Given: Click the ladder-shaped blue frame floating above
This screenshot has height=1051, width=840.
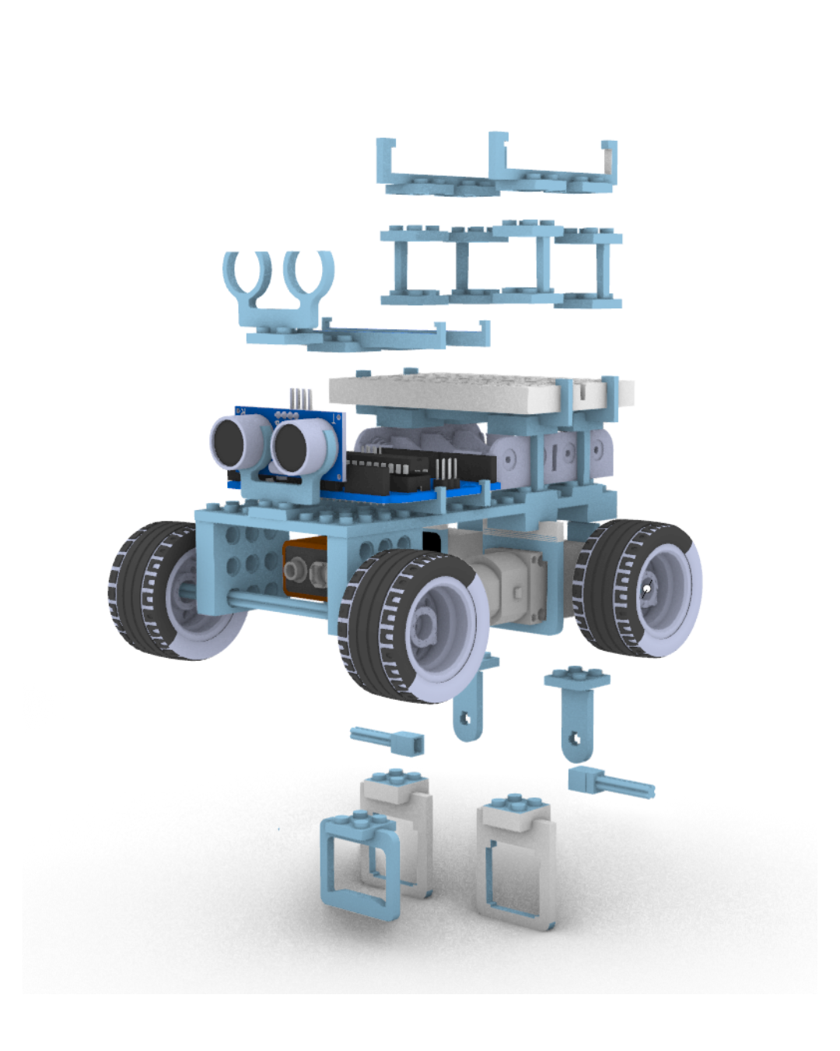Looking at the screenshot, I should point(502,265).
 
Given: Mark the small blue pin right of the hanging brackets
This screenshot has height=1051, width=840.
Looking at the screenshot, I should point(611,782).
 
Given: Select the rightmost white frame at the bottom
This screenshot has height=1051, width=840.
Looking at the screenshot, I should point(517,864).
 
